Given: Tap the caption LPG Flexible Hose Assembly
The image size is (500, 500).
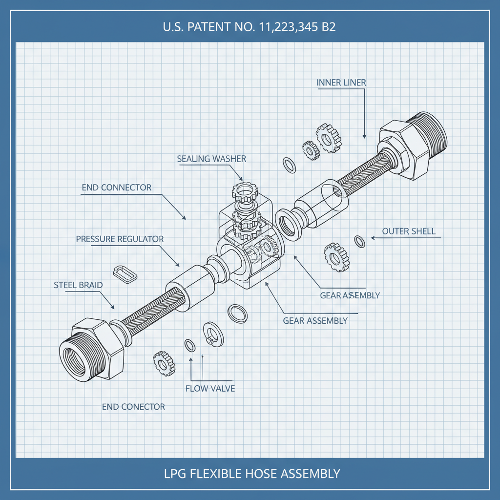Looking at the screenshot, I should [250, 473].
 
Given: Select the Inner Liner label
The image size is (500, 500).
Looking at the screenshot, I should [341, 83].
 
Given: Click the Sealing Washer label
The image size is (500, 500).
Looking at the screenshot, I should [211, 159].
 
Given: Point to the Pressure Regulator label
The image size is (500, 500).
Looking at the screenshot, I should [120, 239].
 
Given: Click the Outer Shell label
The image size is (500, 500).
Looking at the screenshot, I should [409, 231].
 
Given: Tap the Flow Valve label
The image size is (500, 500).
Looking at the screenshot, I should [210, 389].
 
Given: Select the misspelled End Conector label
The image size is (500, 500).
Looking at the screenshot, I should [133, 407].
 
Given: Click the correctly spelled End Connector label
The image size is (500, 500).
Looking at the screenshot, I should [116, 187].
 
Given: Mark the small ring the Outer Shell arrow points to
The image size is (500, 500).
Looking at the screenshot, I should [360, 241].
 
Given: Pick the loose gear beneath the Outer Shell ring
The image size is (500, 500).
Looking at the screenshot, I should [336, 256].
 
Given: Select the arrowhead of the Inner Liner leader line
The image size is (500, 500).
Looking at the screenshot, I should [364, 137].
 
